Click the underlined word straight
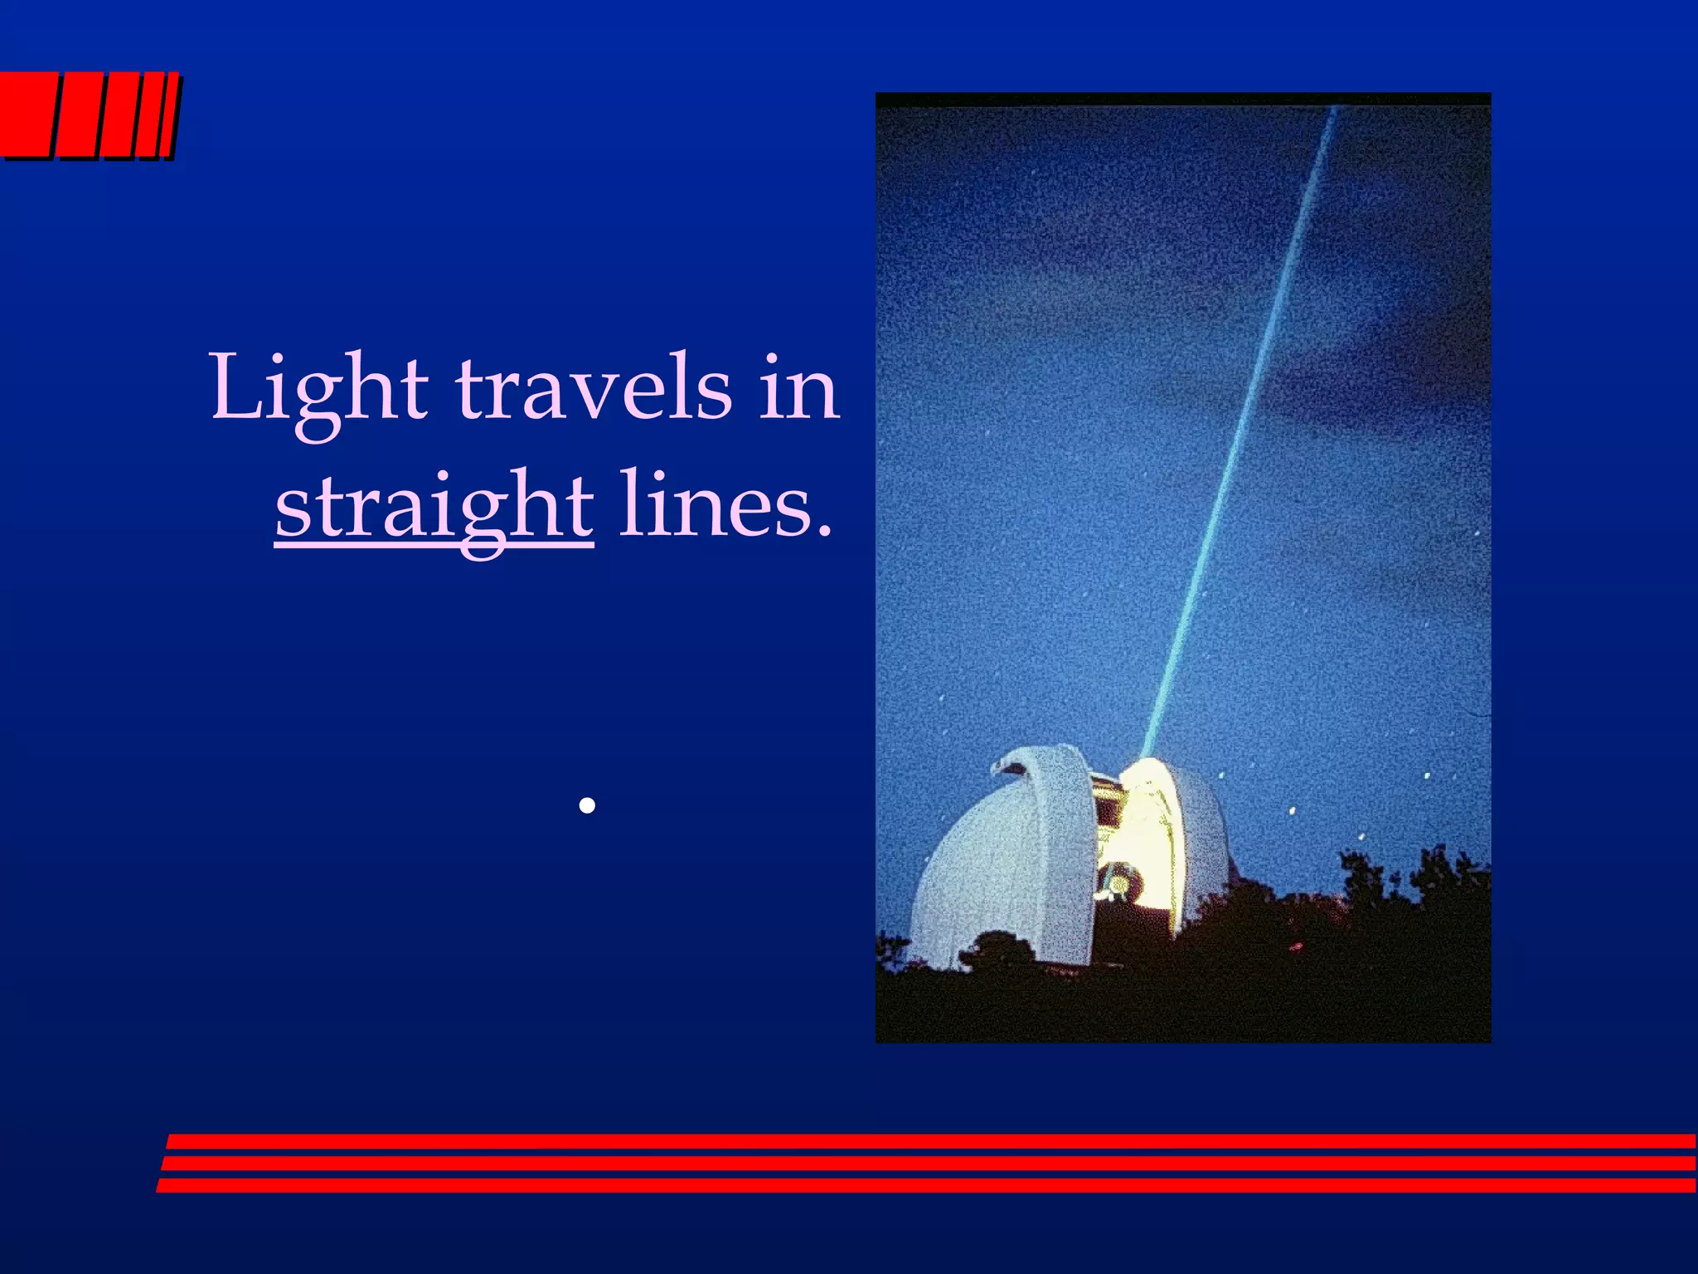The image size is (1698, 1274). [x=434, y=507]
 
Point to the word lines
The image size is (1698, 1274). [x=713, y=507]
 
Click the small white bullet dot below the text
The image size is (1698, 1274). [x=587, y=805]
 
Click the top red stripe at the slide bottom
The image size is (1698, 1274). [x=929, y=1141]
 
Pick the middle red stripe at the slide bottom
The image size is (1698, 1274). [x=929, y=1164]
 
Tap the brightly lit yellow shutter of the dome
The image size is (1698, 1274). [x=1148, y=829]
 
